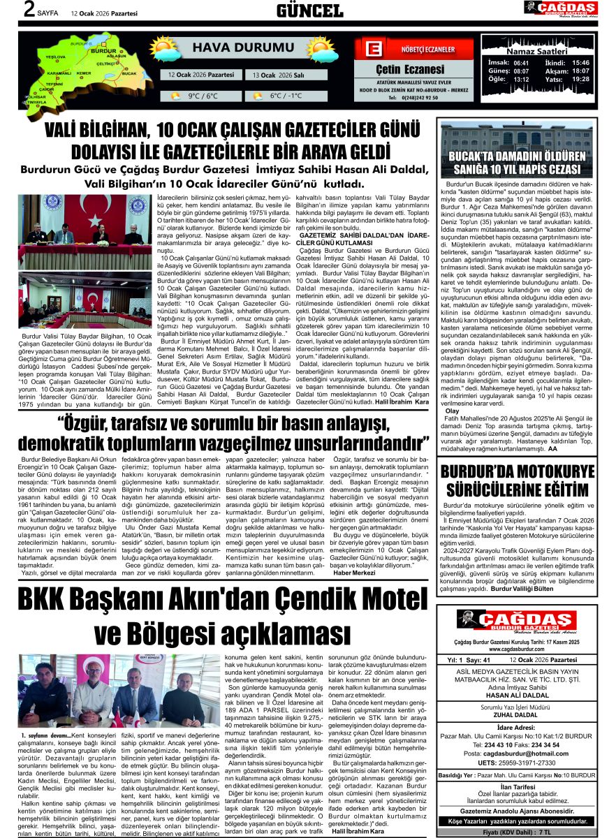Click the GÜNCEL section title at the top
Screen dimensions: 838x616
(x=309, y=10)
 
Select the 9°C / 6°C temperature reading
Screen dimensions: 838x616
(x=203, y=96)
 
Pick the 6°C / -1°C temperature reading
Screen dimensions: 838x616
(x=286, y=96)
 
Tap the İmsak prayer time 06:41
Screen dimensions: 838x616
(x=521, y=62)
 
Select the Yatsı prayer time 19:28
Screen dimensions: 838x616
(x=580, y=79)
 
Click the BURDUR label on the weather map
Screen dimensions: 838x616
(x=104, y=51)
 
